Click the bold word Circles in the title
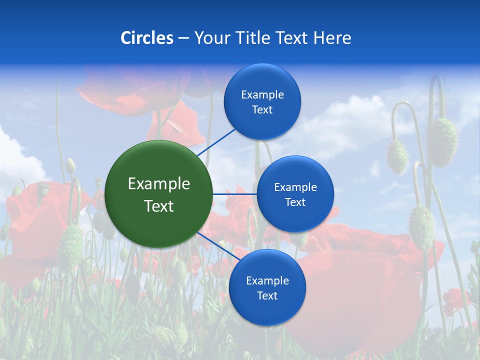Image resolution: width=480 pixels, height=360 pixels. pyautogui.click(x=147, y=38)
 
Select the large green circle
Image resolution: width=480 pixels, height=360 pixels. pyautogui.click(x=159, y=194)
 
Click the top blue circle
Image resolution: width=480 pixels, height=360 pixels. pyautogui.click(x=262, y=101)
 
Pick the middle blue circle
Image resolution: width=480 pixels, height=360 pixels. pyautogui.click(x=295, y=194)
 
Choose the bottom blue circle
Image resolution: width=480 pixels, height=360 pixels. pyautogui.click(x=267, y=287)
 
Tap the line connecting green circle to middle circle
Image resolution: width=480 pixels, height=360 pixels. pyautogui.click(x=234, y=194)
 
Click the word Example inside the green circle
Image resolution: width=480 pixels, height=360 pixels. pyautogui.click(x=159, y=183)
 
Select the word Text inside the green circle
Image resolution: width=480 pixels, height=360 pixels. pyautogui.click(x=159, y=206)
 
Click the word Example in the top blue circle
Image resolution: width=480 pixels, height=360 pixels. pyautogui.click(x=262, y=94)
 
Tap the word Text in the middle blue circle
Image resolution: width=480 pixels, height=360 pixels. pyautogui.click(x=295, y=202)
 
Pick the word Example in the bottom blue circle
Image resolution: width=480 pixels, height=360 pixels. pyautogui.click(x=267, y=280)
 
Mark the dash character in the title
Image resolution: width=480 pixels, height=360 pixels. pyautogui.click(x=183, y=38)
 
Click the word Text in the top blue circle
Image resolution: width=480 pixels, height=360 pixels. pyautogui.click(x=262, y=109)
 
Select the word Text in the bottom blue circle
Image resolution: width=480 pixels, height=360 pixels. pyautogui.click(x=267, y=295)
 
